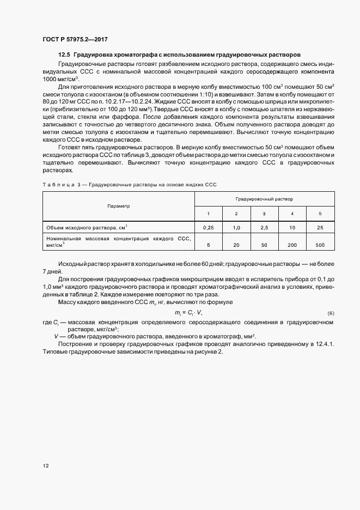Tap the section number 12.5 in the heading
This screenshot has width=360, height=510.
[64, 55]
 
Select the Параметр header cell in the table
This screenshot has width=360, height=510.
[119, 207]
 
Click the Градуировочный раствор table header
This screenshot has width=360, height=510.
[264, 200]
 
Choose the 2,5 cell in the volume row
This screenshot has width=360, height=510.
[264, 227]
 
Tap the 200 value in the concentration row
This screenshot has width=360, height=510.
[292, 245]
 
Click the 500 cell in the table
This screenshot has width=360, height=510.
[320, 245]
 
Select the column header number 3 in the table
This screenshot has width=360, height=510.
[264, 213]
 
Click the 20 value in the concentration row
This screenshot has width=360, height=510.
[236, 245]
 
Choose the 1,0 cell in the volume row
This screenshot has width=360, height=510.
[236, 227]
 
